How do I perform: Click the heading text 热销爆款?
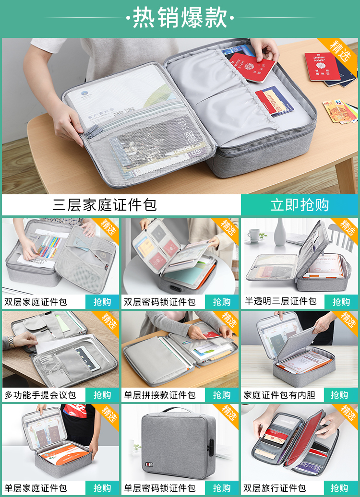(180, 18)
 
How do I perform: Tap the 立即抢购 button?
(300, 205)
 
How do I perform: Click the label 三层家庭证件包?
(105, 205)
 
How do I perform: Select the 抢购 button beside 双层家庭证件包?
(102, 302)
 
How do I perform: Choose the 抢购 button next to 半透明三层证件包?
(341, 302)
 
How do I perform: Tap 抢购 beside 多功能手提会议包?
(102, 395)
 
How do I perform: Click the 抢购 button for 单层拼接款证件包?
(222, 395)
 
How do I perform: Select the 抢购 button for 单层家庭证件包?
(102, 488)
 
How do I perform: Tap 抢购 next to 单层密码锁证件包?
(222, 488)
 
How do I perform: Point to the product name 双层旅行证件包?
(275, 488)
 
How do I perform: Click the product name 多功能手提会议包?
(40, 395)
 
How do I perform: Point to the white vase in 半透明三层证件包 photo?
(280, 232)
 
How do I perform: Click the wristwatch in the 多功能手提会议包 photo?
(12, 342)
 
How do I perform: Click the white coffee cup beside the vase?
(254, 235)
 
